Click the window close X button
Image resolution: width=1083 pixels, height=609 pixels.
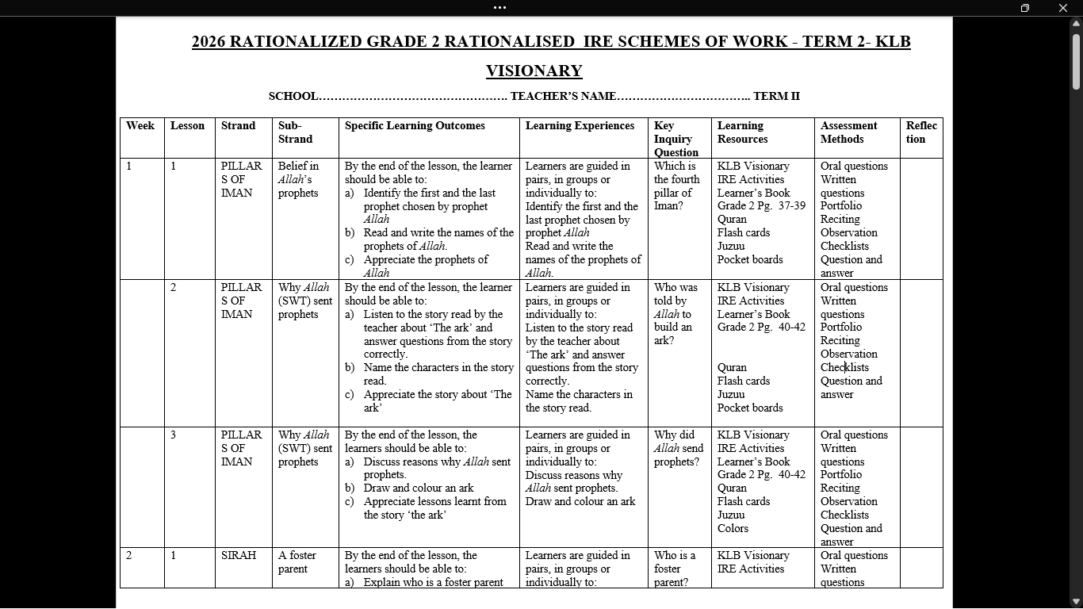pyautogui.click(x=1062, y=8)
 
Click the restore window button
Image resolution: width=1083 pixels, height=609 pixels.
pyautogui.click(x=1024, y=8)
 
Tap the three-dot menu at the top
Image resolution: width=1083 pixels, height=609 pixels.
pyautogui.click(x=499, y=8)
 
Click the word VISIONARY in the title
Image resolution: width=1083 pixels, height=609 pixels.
pyautogui.click(x=534, y=71)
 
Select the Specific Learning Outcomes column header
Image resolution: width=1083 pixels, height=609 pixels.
pyautogui.click(x=415, y=126)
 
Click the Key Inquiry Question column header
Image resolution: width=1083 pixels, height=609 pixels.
pyautogui.click(x=675, y=139)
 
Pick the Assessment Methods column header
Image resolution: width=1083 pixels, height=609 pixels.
pyautogui.click(x=848, y=132)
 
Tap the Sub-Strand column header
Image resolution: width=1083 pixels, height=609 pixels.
pyautogui.click(x=295, y=132)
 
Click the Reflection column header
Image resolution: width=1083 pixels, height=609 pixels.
pyautogui.click(x=920, y=132)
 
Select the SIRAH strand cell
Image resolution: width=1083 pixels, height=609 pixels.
pyautogui.click(x=239, y=556)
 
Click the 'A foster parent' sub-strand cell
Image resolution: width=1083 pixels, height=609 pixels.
pyautogui.click(x=297, y=562)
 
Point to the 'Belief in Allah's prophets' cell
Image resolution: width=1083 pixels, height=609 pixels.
pyautogui.click(x=298, y=179)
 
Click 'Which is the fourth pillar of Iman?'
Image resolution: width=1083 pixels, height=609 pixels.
pyautogui.click(x=676, y=186)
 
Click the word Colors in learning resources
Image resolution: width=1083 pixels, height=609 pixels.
pyautogui.click(x=733, y=528)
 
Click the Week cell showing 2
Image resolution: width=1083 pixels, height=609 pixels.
pyautogui.click(x=129, y=556)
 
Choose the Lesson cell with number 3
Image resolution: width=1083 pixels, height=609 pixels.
pyautogui.click(x=173, y=435)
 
